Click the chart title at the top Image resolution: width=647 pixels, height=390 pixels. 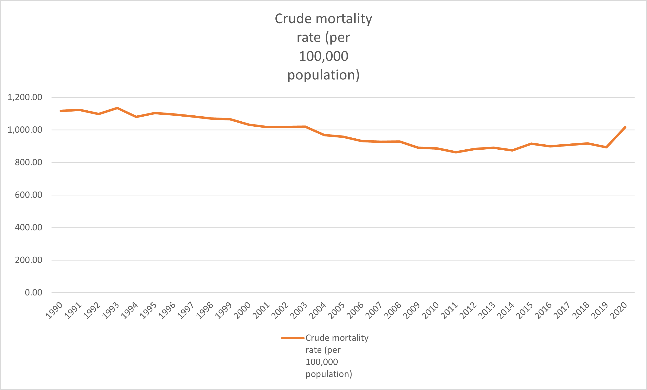[x=323, y=47]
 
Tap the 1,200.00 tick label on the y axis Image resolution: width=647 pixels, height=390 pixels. [x=25, y=97]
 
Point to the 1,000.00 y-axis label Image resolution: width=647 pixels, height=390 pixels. [x=25, y=130]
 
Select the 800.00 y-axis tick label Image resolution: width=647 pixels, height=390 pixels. [x=28, y=162]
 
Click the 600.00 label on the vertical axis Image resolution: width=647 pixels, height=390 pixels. [x=28, y=195]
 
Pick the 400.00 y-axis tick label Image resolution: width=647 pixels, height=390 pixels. [x=28, y=228]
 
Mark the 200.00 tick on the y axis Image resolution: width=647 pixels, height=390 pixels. [x=28, y=260]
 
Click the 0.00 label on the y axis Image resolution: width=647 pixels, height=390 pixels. [x=33, y=293]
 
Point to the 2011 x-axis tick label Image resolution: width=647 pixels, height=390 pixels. [x=449, y=310]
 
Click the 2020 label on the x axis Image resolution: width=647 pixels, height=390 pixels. [x=618, y=310]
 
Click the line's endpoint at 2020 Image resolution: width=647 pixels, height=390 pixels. [x=625, y=127]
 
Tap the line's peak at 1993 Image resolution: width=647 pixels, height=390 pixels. [x=117, y=108]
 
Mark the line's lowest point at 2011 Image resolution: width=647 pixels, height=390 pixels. [x=456, y=152]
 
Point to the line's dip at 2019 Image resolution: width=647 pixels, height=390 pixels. [x=606, y=147]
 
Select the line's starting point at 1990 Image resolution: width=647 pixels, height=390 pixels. [x=61, y=111]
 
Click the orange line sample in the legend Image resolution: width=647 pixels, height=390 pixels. [x=293, y=338]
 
